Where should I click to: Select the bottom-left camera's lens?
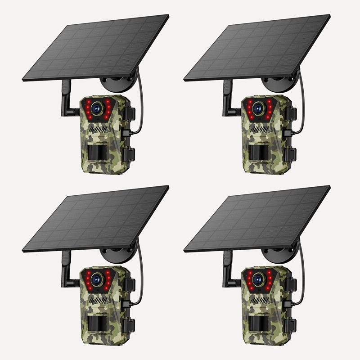click(96, 279)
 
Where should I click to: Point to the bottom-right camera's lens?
click(258, 279)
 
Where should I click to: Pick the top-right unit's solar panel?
click(257, 47)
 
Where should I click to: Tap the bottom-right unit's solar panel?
click(257, 218)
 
